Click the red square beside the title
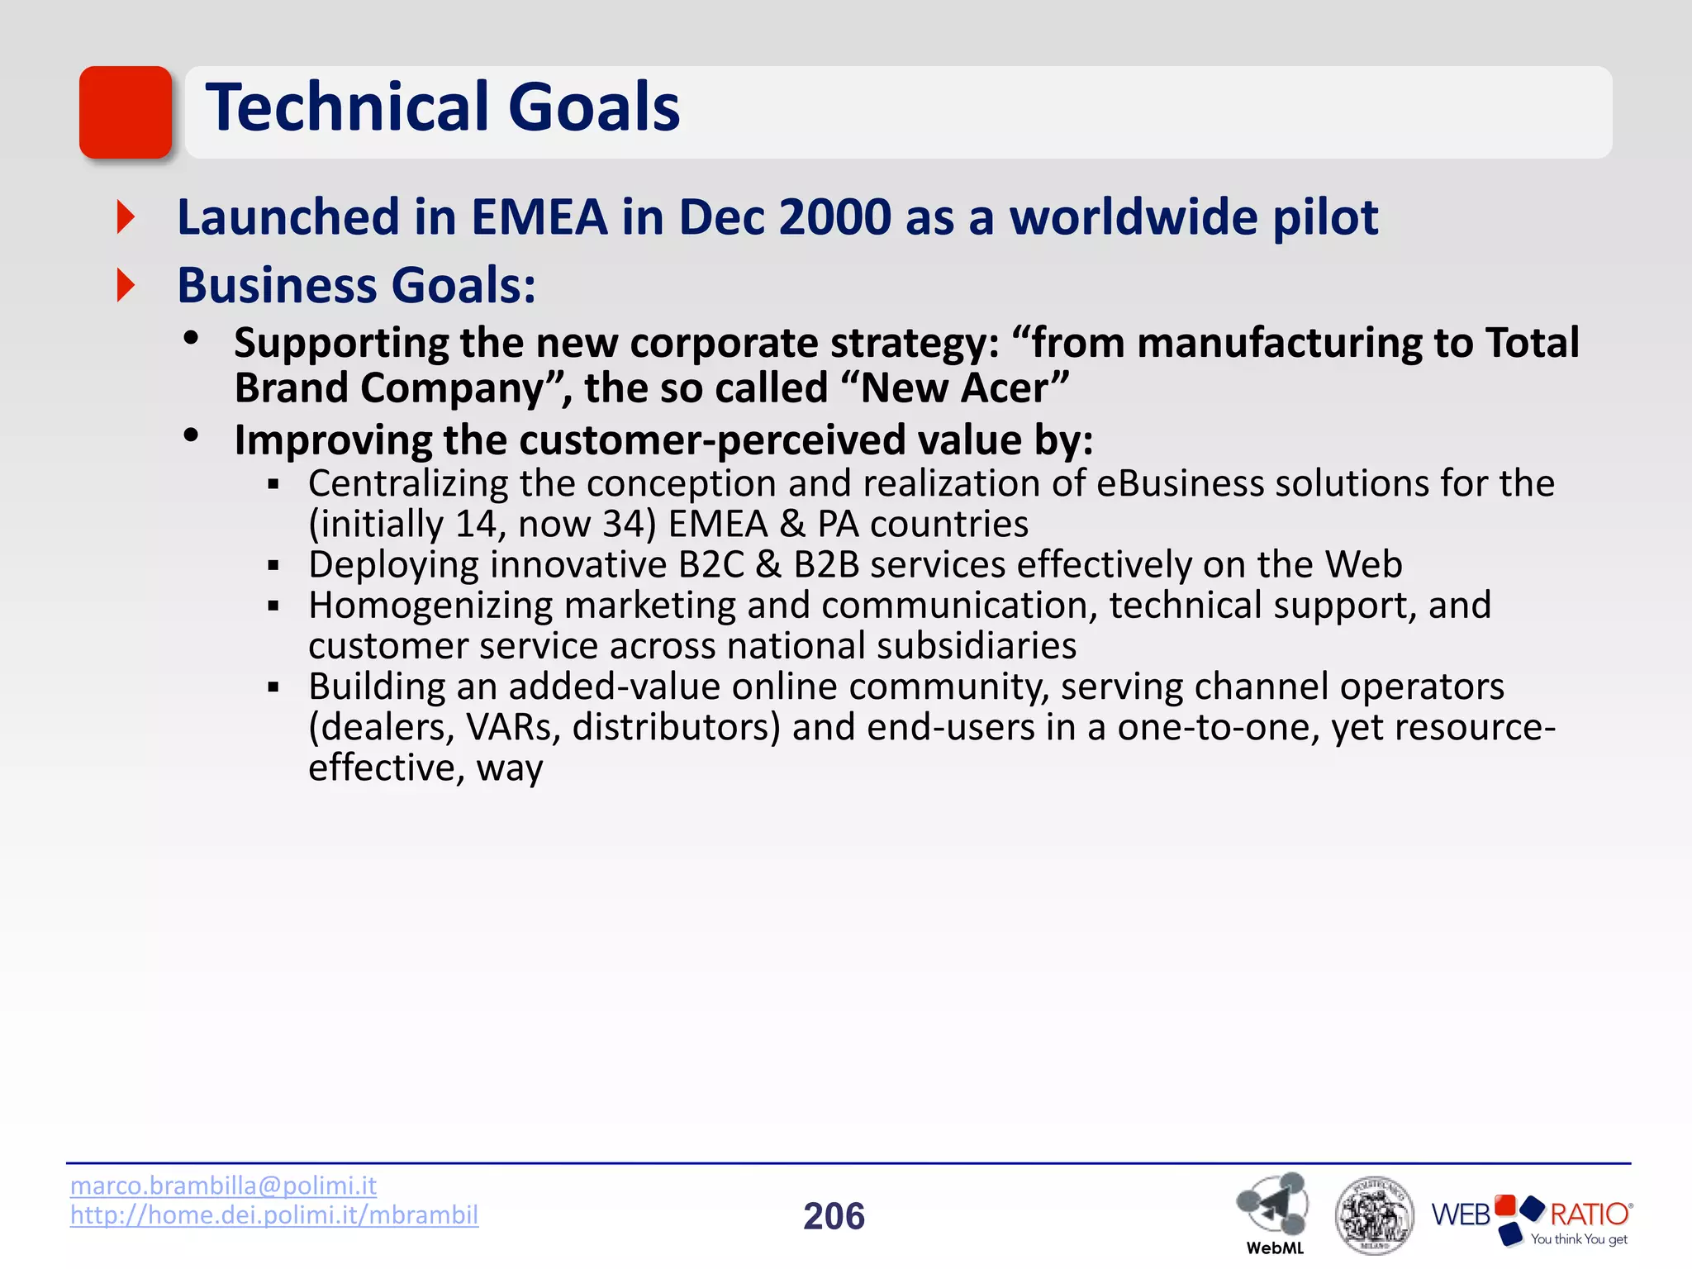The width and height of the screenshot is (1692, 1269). tap(126, 112)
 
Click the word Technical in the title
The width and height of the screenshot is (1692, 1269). tap(347, 107)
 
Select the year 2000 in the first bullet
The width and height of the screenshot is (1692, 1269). tap(834, 217)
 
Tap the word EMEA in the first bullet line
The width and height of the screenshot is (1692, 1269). tap(539, 217)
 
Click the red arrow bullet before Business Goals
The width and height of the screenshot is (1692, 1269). tap(126, 286)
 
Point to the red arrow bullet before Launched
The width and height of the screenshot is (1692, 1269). tap(126, 217)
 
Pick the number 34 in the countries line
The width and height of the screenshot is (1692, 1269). tap(622, 524)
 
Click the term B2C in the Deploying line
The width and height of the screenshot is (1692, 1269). tap(711, 564)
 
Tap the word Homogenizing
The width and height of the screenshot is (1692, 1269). tap(430, 606)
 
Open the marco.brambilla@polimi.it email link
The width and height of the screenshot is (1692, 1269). tap(223, 1186)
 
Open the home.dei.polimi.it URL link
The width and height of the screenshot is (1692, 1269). tap(273, 1214)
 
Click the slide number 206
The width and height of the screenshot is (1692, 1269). tap(834, 1216)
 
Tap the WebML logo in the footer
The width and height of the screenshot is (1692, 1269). tap(1273, 1210)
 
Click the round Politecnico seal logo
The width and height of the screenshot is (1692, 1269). tap(1374, 1214)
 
